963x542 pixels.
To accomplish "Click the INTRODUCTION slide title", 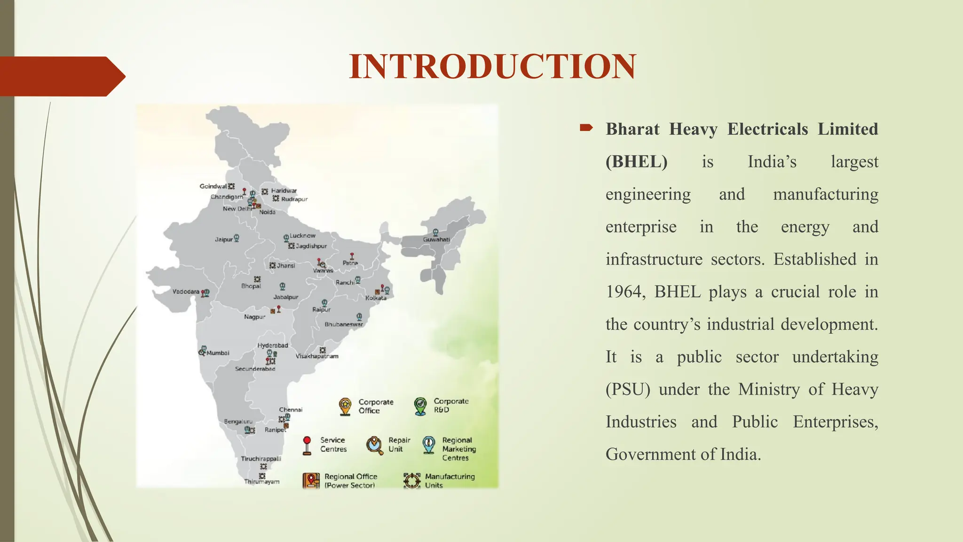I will pyautogui.click(x=492, y=66).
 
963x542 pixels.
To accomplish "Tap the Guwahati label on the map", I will pyautogui.click(x=436, y=239).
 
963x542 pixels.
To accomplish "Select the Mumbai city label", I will pyautogui.click(x=218, y=353).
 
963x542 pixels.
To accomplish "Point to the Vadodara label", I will pyautogui.click(x=186, y=292).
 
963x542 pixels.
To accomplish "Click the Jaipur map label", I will pyautogui.click(x=224, y=239).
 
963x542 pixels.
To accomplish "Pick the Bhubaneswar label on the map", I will pyautogui.click(x=344, y=325).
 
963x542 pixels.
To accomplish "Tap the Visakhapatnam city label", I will pyautogui.click(x=317, y=356).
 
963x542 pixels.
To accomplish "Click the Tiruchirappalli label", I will pyautogui.click(x=261, y=458).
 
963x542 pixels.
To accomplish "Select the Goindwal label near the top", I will pyautogui.click(x=213, y=186).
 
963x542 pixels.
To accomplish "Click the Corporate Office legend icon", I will pyautogui.click(x=345, y=406).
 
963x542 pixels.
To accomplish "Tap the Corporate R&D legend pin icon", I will pyautogui.click(x=420, y=406).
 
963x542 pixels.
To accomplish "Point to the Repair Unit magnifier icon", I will pyautogui.click(x=374, y=445).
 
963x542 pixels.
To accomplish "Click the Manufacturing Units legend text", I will pyautogui.click(x=450, y=480).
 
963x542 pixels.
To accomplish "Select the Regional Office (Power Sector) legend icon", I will pyautogui.click(x=311, y=480).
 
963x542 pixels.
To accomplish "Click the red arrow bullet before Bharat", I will pyautogui.click(x=586, y=128).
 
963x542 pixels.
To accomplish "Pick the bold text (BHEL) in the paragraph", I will pyautogui.click(x=636, y=162).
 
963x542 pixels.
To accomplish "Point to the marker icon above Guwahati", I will pyautogui.click(x=436, y=232).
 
